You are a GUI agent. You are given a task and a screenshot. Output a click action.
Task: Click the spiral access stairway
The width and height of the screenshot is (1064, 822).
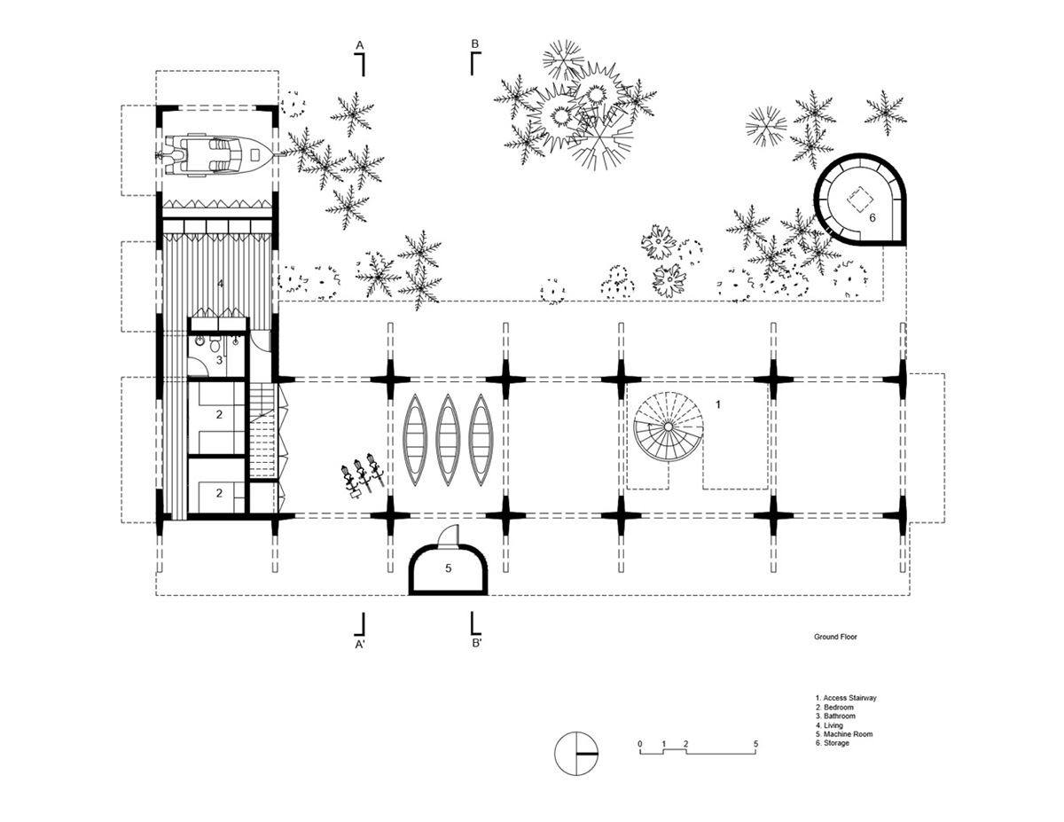(x=669, y=427)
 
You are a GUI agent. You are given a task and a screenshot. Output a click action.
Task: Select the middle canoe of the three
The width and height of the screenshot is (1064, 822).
(x=448, y=440)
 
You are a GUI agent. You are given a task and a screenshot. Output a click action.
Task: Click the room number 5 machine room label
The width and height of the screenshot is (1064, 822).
(x=448, y=568)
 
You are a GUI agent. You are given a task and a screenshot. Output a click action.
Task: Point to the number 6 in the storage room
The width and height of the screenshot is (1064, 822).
(x=872, y=217)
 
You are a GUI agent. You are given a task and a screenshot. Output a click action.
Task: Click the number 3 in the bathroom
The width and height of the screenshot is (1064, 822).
(x=219, y=360)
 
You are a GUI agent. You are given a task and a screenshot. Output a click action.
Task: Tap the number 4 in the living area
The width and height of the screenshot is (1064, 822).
(x=221, y=284)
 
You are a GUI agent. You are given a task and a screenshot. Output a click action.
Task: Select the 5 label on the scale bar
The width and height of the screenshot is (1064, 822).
(x=755, y=744)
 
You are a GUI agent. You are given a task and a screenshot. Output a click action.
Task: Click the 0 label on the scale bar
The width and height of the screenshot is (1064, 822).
(x=640, y=744)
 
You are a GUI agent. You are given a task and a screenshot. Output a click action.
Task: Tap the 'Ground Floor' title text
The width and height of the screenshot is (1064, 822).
(x=835, y=637)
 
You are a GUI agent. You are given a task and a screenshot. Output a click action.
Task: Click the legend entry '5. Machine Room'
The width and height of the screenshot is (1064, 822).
(x=843, y=734)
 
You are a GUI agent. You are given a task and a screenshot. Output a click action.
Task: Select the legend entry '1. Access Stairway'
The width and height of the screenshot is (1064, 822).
(x=846, y=698)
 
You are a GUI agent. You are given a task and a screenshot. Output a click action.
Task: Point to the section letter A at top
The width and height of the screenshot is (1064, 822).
(x=360, y=45)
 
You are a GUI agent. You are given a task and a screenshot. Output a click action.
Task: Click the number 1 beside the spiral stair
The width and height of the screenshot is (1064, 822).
(x=718, y=404)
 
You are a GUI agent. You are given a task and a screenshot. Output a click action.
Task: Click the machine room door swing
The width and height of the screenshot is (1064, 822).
(x=449, y=535)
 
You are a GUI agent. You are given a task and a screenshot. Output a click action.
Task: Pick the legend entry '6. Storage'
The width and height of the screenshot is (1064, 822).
(x=833, y=743)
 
